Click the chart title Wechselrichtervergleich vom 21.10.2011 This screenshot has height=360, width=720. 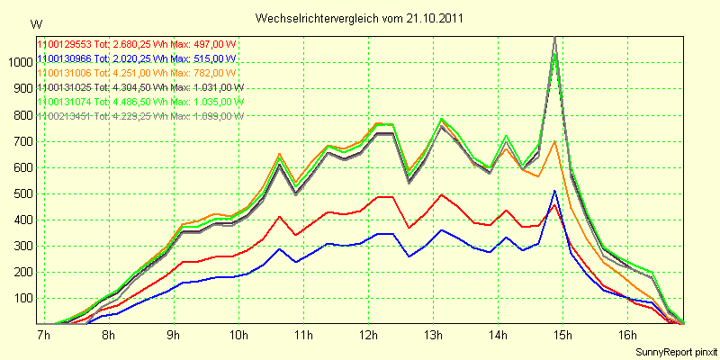360,18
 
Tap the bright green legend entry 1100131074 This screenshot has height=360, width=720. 64,102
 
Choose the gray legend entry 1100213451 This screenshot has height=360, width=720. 64,116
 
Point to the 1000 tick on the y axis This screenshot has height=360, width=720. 18,62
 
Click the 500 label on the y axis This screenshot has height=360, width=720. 21,193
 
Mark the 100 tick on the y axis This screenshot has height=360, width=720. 21,298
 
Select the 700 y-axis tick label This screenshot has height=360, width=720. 21,141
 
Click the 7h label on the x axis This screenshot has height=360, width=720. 43,336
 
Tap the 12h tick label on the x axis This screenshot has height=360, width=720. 368,336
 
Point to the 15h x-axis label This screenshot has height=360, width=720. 562,336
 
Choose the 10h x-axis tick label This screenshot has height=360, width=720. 238,336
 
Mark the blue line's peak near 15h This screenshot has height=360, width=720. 555,191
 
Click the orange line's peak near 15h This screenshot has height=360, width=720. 555,141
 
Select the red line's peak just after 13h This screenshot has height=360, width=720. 442,194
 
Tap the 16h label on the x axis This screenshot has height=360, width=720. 627,336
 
